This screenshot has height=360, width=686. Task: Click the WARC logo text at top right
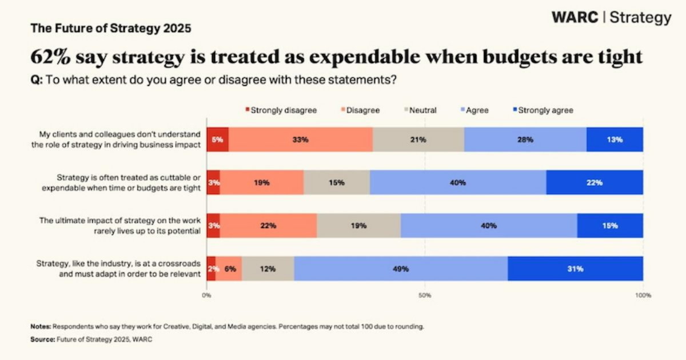click(575, 18)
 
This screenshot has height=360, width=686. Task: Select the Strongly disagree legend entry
click(281, 110)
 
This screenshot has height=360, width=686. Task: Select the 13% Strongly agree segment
click(615, 139)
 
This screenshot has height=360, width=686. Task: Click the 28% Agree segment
click(525, 139)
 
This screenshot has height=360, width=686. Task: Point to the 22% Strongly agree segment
click(595, 183)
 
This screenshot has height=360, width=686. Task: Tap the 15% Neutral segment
click(337, 183)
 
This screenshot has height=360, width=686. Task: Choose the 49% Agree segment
click(401, 269)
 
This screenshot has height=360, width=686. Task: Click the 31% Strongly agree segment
click(575, 269)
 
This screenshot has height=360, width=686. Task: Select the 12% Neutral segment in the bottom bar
click(268, 269)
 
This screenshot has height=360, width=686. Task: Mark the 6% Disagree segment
click(229, 269)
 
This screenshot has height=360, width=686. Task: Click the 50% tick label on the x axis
click(425, 295)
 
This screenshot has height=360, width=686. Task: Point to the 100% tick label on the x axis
click(643, 295)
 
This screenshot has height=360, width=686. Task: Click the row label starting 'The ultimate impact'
click(119, 225)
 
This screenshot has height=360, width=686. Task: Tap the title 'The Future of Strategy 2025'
click(110, 28)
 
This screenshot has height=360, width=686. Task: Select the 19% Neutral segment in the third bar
click(358, 226)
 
